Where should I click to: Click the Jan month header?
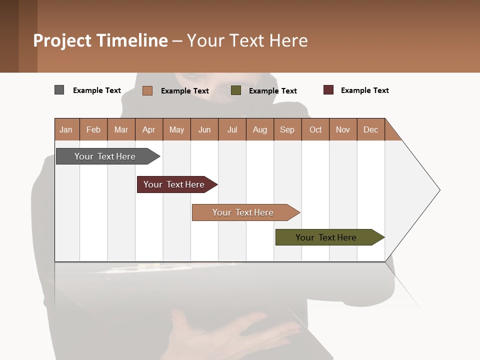[x=66, y=129]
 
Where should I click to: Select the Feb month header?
[x=93, y=129]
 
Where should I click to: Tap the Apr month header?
[x=149, y=129]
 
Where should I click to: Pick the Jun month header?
[x=204, y=129]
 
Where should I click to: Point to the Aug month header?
[x=260, y=129]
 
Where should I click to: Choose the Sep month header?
[x=287, y=129]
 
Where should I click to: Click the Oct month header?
[x=315, y=129]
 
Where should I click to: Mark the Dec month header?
[x=371, y=129]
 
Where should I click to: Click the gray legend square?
[x=59, y=90]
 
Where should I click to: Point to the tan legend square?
[x=147, y=90]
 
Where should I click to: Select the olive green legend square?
[x=236, y=90]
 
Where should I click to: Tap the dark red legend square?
[x=328, y=90]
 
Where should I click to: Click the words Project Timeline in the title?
[x=100, y=40]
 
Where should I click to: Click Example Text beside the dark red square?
[x=364, y=90]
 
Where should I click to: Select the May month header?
[x=176, y=129]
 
